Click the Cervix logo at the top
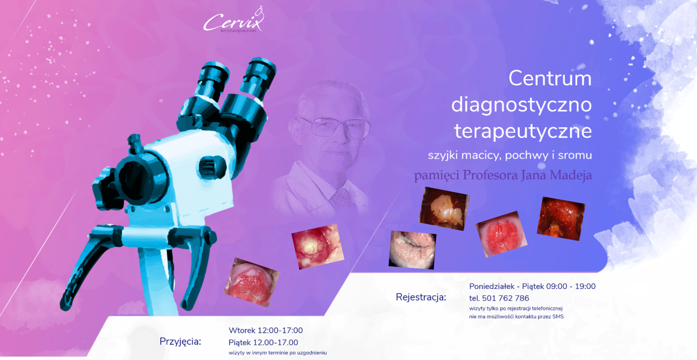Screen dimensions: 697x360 tap(233, 20)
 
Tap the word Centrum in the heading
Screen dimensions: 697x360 tap(550, 78)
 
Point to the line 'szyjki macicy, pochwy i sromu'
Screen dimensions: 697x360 tap(510, 155)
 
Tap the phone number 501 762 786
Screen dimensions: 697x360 tap(505, 298)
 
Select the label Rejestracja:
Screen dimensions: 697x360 tap(421, 297)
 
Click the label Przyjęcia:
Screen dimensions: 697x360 tap(180, 342)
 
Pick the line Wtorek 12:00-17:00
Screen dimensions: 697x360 tap(266, 330)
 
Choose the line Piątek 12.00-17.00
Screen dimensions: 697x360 tap(263, 342)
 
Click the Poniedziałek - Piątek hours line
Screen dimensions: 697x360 tap(532, 286)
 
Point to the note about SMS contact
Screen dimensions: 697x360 tap(517, 317)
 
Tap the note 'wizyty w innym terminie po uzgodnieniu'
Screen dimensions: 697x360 tap(278, 353)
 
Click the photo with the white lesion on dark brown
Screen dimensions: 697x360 tap(444, 209)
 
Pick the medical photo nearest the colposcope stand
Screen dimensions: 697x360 tap(251, 282)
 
